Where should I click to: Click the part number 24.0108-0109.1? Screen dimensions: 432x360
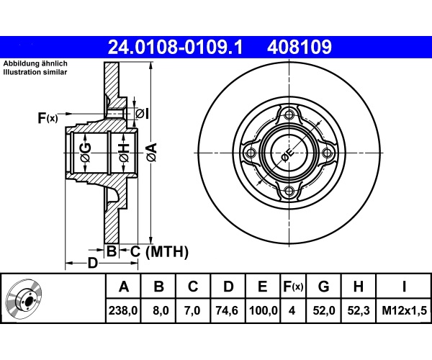[175, 48]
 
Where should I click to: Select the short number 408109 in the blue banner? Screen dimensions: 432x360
[300, 48]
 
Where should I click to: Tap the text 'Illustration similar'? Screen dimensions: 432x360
[35, 73]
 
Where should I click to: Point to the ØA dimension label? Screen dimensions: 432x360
[152, 153]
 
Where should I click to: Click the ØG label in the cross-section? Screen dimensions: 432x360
[86, 153]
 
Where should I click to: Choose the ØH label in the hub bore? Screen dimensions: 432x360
[125, 153]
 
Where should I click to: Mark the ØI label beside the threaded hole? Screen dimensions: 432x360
[143, 113]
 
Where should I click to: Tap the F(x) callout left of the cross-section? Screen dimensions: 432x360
[48, 118]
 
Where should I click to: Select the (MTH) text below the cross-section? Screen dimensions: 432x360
[167, 251]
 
